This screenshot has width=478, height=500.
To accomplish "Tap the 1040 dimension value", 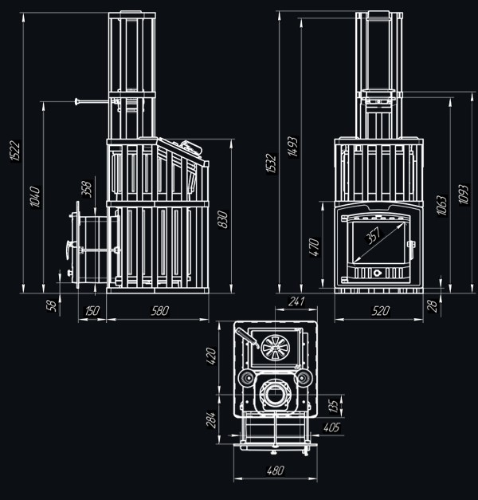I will pyautogui.click(x=34, y=197).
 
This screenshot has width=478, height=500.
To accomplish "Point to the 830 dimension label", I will pyautogui.click(x=224, y=216).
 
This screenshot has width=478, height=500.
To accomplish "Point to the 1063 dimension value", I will pyautogui.click(x=442, y=206).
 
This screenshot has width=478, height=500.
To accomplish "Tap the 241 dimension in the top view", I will pyautogui.click(x=296, y=301).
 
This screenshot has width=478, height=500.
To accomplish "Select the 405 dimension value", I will pyautogui.click(x=333, y=428).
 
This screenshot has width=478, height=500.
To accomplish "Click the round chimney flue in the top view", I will pyautogui.click(x=276, y=394).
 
